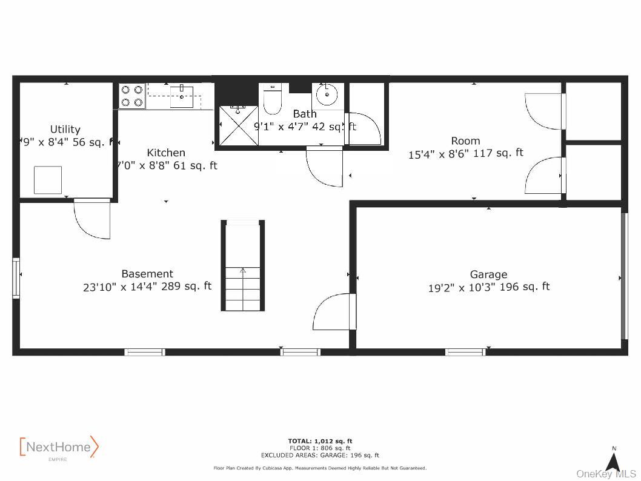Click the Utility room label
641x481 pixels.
tap(65, 129)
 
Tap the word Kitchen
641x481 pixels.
tap(166, 153)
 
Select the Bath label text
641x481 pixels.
tap(305, 114)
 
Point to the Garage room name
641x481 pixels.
tap(488, 274)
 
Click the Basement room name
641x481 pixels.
tap(147, 274)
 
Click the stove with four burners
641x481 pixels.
tap(132, 96)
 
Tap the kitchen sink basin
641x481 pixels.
tap(181, 97)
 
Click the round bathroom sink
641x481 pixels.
tap(327, 94)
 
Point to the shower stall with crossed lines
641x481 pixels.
tap(237, 125)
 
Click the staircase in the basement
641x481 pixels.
tap(242, 267)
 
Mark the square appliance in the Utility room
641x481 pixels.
tap(47, 179)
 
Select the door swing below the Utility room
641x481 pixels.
tap(93, 219)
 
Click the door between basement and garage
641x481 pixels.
tap(333, 311)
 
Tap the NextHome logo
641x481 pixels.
tap(59, 448)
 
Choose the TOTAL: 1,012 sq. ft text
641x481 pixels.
tap(320, 441)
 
